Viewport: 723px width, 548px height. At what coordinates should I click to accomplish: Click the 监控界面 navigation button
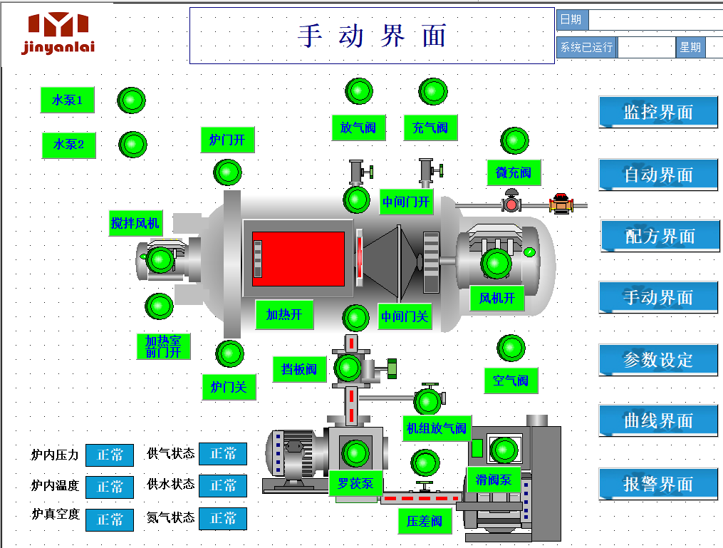(658, 112)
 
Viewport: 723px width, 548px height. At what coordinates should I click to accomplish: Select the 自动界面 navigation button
(658, 175)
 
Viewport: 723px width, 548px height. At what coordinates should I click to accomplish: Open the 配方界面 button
(660, 236)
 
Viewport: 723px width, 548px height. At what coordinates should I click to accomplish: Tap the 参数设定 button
(658, 360)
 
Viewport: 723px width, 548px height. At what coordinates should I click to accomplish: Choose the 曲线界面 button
(658, 420)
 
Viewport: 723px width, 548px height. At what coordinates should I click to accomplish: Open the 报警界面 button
(658, 484)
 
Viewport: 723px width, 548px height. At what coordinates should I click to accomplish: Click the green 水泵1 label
(68, 100)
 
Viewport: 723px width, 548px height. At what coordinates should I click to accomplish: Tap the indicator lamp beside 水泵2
(132, 144)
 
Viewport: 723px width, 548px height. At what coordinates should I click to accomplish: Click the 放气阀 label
(358, 128)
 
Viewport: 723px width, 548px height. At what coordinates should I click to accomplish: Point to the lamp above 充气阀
(433, 91)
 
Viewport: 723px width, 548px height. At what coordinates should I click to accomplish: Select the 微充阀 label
(514, 172)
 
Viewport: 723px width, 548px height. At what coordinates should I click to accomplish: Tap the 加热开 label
(284, 314)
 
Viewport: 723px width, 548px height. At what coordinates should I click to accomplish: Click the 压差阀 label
(425, 521)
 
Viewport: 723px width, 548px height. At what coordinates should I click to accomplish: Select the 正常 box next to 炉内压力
(110, 455)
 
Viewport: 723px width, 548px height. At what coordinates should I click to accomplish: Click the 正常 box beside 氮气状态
(223, 519)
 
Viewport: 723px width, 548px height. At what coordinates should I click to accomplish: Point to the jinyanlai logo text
(58, 47)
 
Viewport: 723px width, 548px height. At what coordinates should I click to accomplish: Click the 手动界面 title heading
(372, 36)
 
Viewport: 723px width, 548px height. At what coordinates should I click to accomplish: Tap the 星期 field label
(690, 48)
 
